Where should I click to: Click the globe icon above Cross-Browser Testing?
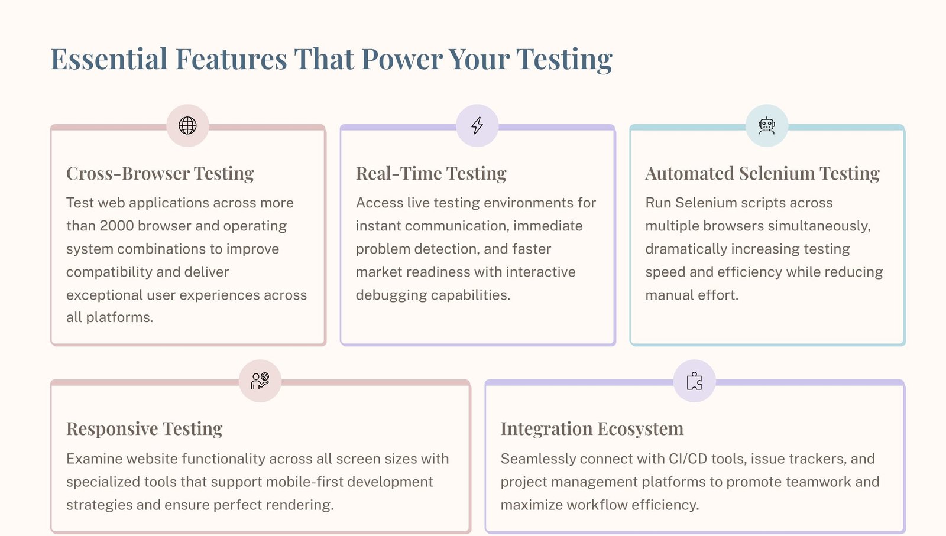click(x=187, y=125)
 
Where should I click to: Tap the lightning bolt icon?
click(x=477, y=125)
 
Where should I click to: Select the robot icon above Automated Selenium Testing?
click(x=767, y=125)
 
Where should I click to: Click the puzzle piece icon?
click(x=695, y=381)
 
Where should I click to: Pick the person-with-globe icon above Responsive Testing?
click(x=260, y=381)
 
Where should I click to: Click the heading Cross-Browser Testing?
click(x=160, y=173)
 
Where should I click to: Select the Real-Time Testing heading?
click(x=431, y=173)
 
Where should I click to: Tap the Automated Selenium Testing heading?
click(x=762, y=173)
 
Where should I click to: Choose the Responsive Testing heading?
click(x=144, y=428)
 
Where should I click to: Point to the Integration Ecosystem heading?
click(x=592, y=428)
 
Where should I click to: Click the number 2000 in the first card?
click(x=116, y=226)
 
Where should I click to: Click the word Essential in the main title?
click(x=109, y=59)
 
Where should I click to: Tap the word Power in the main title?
click(x=401, y=59)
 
